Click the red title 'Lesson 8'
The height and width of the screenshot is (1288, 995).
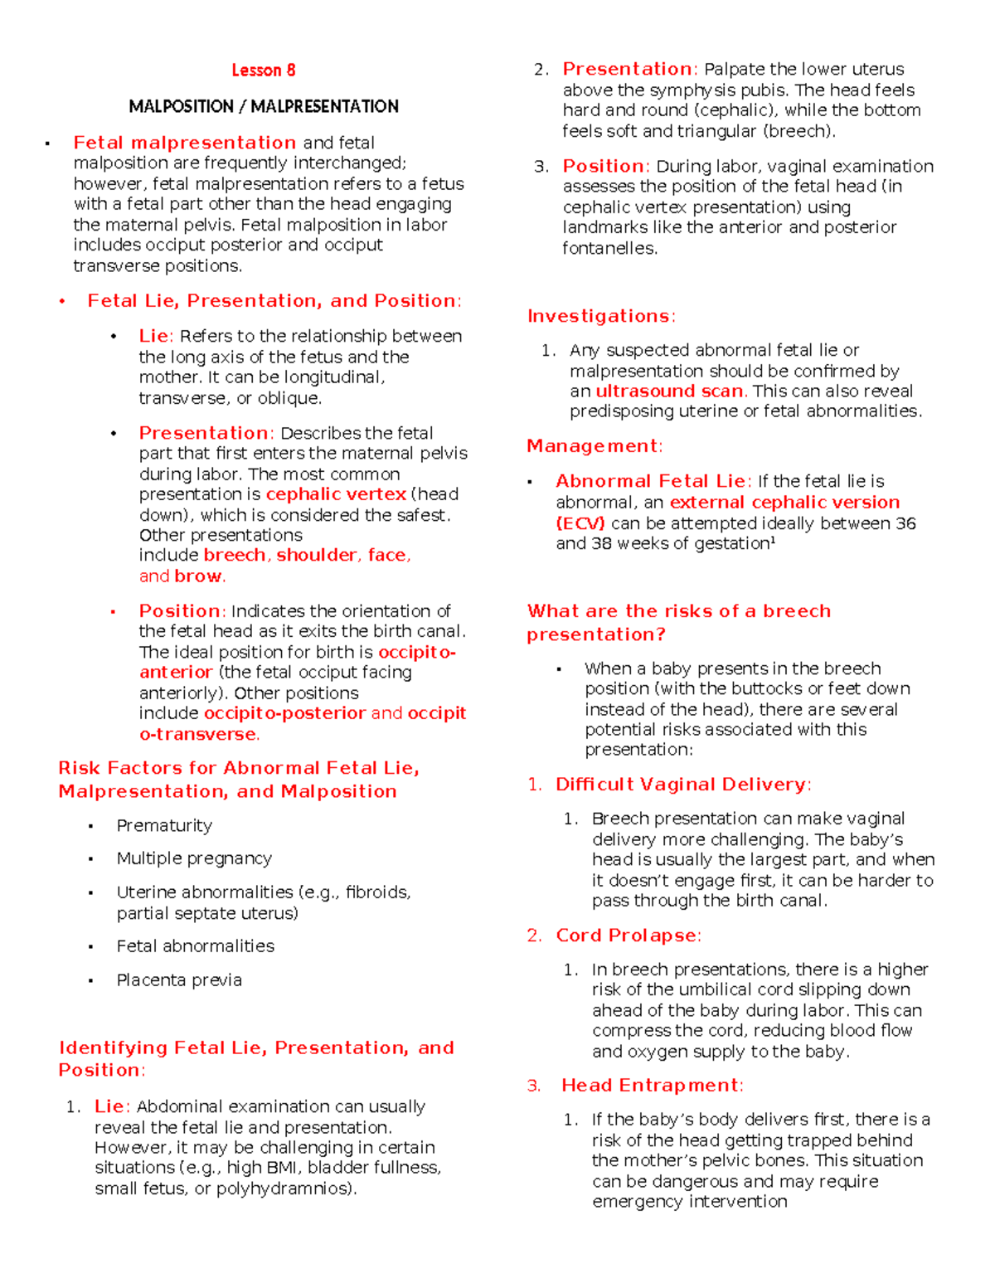point(263,70)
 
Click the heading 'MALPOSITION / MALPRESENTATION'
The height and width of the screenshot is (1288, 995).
point(263,106)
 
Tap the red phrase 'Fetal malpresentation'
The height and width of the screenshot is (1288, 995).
point(184,143)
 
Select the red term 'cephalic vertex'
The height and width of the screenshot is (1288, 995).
point(336,494)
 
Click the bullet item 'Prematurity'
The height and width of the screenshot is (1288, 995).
point(164,825)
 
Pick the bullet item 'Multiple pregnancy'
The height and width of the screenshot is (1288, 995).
point(194,858)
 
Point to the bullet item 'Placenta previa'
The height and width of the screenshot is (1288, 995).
point(179,980)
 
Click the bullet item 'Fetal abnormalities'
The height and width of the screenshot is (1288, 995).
point(195,946)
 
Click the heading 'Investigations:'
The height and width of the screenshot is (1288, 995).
point(601,316)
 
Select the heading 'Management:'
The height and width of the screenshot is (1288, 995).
point(595,446)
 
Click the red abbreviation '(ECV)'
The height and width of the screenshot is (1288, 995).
point(580,523)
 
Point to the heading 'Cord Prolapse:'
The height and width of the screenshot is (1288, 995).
point(629,936)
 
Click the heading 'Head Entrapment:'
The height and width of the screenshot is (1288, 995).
point(653,1086)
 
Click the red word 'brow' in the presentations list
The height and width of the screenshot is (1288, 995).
point(199,576)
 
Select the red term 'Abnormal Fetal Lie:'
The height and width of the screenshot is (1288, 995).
point(653,481)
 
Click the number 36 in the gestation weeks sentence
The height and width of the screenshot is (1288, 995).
point(905,523)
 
